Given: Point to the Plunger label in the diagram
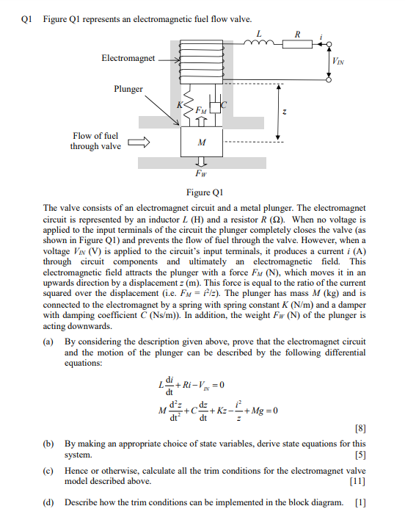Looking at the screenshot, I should point(128,89).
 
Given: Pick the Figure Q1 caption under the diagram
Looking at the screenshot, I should point(200,192).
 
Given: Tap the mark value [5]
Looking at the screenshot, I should point(359,455).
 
